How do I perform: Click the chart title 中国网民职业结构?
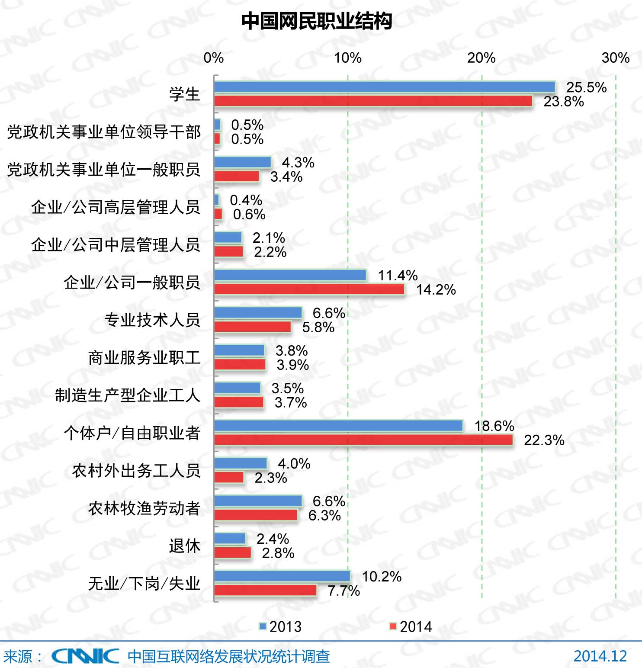316,21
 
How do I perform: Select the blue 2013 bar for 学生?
385,87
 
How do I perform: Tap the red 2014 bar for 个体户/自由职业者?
363,440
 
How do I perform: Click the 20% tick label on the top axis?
481,58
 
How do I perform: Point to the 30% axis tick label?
615,58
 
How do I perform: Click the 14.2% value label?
436,290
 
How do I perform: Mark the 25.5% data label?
586,87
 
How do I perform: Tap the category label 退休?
185,546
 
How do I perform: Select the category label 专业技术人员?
152,320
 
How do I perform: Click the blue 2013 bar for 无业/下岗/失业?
282,576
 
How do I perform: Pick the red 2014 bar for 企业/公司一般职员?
309,289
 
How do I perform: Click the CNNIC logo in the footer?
85,656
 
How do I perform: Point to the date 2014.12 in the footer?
600,656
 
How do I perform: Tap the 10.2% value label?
382,577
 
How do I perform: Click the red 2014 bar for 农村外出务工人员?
229,477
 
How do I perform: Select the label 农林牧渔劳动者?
144,508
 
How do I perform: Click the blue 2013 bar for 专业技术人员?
258,312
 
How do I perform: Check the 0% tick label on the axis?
214,58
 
